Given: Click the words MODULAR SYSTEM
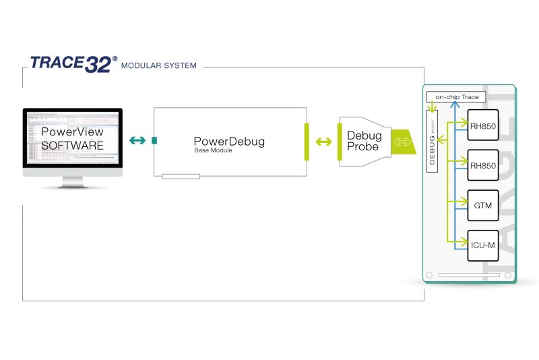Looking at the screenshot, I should coord(158,66).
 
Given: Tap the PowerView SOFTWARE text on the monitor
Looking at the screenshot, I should coord(73,139).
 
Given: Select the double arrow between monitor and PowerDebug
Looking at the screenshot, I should coord(137,140).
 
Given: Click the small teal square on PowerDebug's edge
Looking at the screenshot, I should coord(154,140).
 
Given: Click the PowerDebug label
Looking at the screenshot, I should coord(229,142).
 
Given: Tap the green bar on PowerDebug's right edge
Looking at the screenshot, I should coord(307,142).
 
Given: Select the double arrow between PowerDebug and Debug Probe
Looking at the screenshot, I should coord(323,142).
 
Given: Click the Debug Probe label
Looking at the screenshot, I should coord(364,141).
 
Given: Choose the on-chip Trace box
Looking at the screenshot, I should coord(456,97).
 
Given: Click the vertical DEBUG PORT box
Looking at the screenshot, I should coord(433,142).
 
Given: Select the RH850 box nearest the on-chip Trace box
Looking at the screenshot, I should coord(482,125).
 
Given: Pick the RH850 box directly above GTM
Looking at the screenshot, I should coord(482,165).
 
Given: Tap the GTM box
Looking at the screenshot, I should coord(482,206).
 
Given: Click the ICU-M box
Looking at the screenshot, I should coord(482,245).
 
